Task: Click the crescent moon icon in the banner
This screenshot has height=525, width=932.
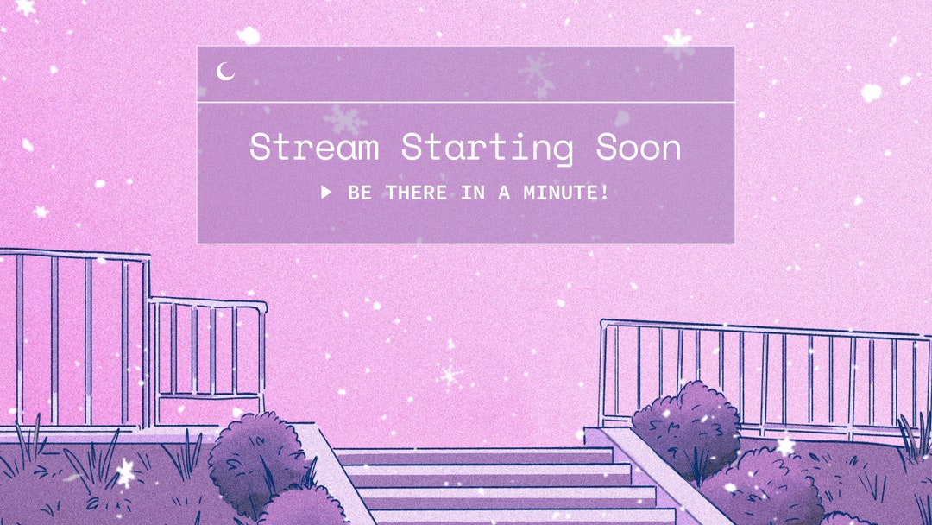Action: click(226, 72)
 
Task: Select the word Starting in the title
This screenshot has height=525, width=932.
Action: click(487, 149)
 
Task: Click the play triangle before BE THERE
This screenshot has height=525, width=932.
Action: click(326, 192)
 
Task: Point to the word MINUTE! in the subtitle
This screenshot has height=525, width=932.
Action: click(566, 193)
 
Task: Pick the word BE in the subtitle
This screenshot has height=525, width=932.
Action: click(360, 193)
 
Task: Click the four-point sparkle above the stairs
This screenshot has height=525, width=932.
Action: click(449, 375)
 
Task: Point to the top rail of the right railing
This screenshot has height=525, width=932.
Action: click(759, 327)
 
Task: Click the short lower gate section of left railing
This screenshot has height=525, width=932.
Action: click(207, 350)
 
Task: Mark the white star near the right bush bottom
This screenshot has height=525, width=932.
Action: click(785, 446)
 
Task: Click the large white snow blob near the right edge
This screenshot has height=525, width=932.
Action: click(872, 92)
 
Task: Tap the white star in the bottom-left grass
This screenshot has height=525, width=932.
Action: click(126, 471)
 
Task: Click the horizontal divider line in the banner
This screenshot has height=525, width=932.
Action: click(466, 103)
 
